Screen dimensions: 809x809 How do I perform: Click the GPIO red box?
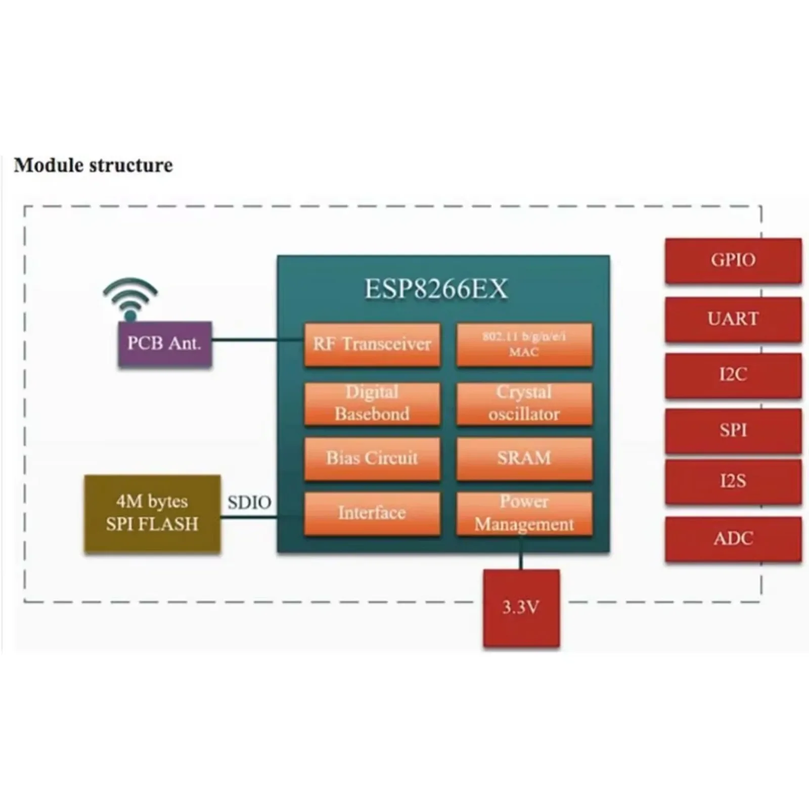tap(733, 260)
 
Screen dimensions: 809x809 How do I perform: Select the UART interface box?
tap(733, 319)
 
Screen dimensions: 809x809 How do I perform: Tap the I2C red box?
tap(733, 375)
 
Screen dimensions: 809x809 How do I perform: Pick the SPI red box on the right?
tap(733, 430)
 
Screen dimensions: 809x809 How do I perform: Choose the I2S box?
tap(733, 481)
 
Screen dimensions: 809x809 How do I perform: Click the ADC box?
tap(733, 538)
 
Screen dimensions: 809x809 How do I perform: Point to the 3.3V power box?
tap(521, 607)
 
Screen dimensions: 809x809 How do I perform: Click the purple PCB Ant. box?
tap(165, 343)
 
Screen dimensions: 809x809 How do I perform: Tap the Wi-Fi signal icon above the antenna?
tap(130, 298)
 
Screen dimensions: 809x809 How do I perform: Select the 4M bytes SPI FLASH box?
tap(152, 513)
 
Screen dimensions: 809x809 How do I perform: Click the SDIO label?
tap(249, 503)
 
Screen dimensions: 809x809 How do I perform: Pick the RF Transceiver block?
tap(372, 344)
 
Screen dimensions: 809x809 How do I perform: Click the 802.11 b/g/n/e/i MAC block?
tap(524, 344)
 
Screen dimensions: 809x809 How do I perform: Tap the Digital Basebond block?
tap(372, 403)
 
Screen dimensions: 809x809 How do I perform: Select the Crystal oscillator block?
tap(524, 403)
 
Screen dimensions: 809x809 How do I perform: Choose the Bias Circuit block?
tap(372, 458)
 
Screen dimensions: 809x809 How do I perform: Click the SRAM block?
tap(524, 458)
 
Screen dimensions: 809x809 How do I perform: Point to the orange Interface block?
tap(372, 513)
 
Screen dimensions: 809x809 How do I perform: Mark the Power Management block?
tap(524, 513)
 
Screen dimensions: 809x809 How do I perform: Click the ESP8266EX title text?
tap(436, 289)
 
